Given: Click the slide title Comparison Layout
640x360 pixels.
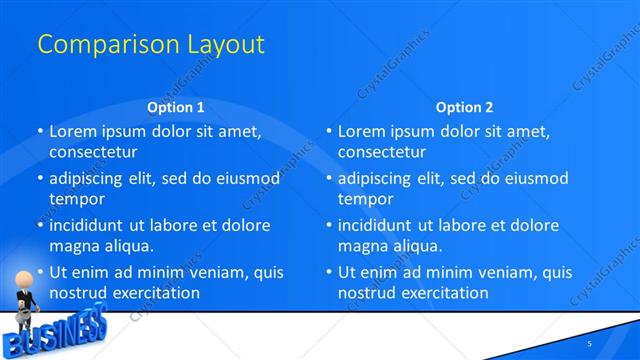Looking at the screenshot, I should pyautogui.click(x=150, y=45).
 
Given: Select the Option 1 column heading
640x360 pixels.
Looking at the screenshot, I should pyautogui.click(x=175, y=107).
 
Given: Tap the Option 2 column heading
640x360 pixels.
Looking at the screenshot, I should pyautogui.click(x=464, y=107).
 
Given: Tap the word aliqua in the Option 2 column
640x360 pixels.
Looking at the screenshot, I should pyautogui.click(x=415, y=246).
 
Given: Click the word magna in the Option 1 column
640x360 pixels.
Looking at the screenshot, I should pyautogui.click(x=73, y=246).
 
